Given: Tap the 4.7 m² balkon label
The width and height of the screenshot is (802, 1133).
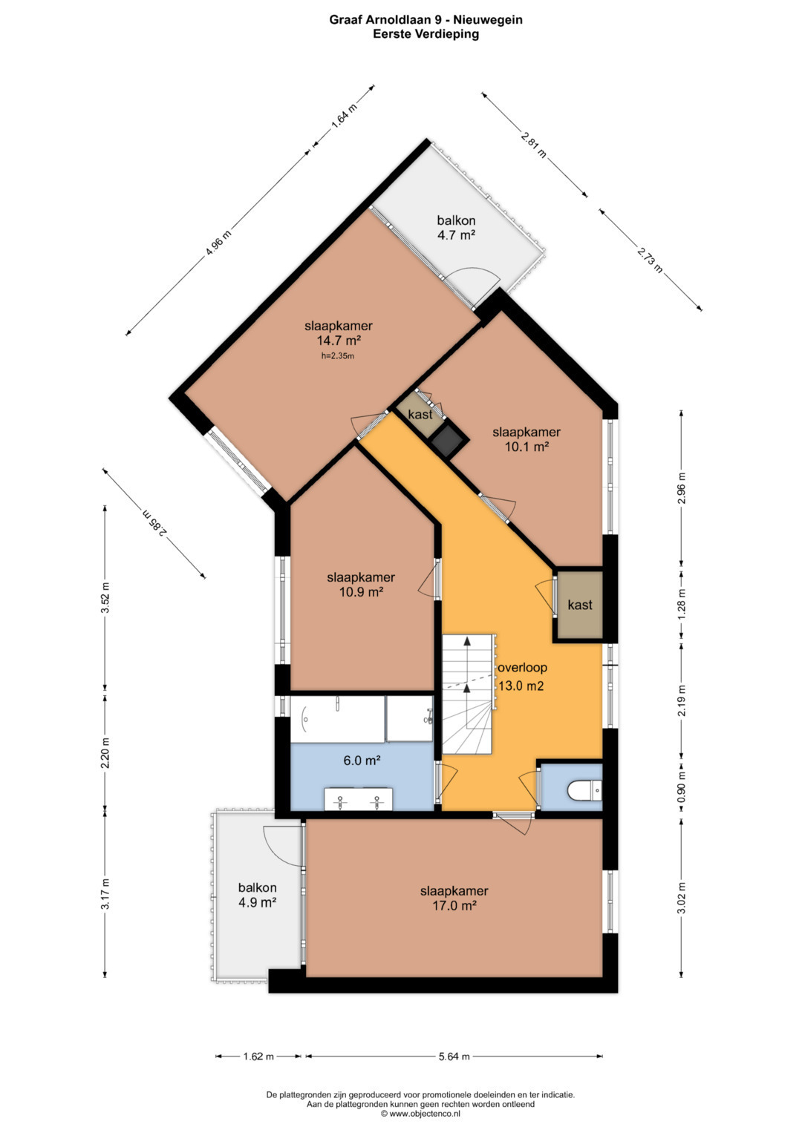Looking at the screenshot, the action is coord(456,228).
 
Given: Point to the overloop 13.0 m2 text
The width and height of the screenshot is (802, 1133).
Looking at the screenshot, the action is coord(522,677).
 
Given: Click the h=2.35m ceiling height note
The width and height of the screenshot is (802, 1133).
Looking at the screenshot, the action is coord(338,356).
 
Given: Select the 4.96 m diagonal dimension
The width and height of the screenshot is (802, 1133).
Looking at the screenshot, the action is coord(218,244).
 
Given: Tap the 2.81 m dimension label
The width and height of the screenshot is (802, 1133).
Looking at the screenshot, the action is coord(534,144).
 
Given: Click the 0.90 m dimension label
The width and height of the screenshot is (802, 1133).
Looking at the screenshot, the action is coord(682,785).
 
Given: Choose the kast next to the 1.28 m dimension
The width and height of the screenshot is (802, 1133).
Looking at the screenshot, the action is coord(580,605).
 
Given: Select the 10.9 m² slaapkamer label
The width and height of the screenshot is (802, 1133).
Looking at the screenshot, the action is coord(361,584).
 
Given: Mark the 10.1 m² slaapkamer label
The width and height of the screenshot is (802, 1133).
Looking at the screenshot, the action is coord(526,439).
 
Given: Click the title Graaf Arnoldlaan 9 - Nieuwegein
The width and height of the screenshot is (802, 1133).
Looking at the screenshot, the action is coord(426,20).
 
